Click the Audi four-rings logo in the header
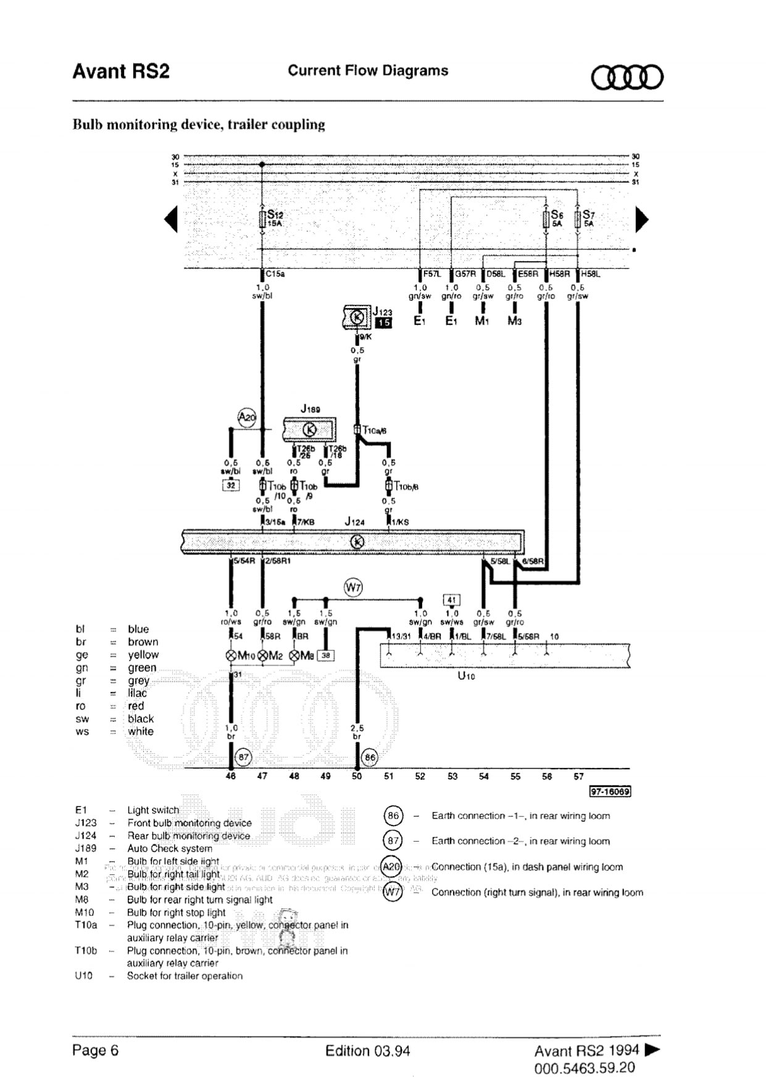(x=627, y=78)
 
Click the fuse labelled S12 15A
(x=262, y=219)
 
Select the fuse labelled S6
(x=546, y=219)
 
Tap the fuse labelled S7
(x=578, y=219)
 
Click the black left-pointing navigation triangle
(x=171, y=219)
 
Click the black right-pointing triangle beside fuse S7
(x=642, y=219)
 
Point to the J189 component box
(x=310, y=429)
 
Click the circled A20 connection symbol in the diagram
(x=247, y=417)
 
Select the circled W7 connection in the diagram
(x=353, y=587)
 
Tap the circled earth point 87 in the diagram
(x=244, y=757)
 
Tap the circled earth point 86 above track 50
(x=370, y=757)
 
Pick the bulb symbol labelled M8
(x=294, y=655)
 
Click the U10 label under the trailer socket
(x=466, y=675)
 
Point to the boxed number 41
(x=452, y=600)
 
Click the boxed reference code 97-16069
(x=610, y=792)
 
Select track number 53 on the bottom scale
(x=452, y=776)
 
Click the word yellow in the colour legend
(x=143, y=654)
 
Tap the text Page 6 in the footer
(x=95, y=1050)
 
